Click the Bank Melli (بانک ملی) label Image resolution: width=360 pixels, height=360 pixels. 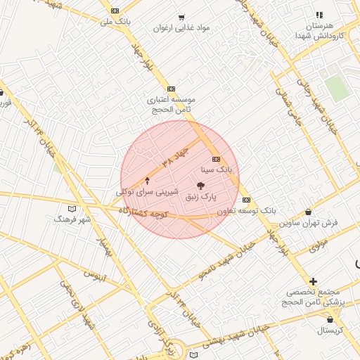coord(115,22)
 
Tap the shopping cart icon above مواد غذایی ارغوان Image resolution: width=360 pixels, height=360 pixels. coord(181,17)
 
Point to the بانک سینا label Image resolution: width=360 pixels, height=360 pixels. coord(215,169)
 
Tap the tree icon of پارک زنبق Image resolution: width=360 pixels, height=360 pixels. coord(201,186)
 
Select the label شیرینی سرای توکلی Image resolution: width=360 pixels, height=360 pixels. coord(147,191)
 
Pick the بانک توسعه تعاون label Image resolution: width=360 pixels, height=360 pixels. coord(246,210)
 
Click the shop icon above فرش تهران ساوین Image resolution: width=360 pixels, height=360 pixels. coord(309,212)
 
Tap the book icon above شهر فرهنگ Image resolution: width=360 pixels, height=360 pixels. coord(72,209)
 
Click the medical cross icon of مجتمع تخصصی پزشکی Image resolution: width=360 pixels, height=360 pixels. coord(313,281)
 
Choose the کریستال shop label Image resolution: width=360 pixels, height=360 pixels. coord(329,330)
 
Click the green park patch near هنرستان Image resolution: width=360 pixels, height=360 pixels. coord(337,89)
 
